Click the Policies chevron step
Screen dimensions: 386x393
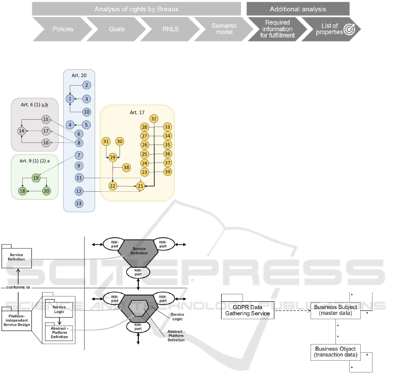click(x=63, y=29)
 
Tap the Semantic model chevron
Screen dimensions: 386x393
click(x=221, y=29)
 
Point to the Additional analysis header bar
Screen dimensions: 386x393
click(x=297, y=9)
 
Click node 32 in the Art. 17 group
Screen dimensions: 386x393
click(x=154, y=118)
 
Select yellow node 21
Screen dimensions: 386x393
click(x=140, y=186)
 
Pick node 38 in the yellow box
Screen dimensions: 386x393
click(x=126, y=168)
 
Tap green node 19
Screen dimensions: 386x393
click(x=36, y=178)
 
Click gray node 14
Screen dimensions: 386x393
click(x=21, y=131)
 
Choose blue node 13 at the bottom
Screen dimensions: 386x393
click(x=79, y=203)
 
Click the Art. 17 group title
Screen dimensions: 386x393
click(x=137, y=113)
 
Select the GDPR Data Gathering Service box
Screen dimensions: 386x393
click(x=247, y=310)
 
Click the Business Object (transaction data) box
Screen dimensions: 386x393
click(x=335, y=352)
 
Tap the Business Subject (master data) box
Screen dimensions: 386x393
click(x=335, y=310)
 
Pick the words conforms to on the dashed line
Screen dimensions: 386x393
click(x=18, y=287)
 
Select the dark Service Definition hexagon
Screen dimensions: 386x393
click(x=140, y=253)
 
